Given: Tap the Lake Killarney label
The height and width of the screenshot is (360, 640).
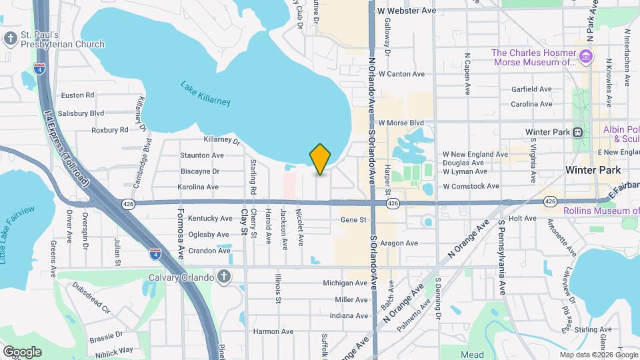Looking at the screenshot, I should point(205,93).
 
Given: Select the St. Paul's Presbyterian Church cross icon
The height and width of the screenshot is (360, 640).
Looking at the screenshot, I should point(10,39).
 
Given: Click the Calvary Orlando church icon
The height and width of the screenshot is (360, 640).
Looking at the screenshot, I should point(225,277).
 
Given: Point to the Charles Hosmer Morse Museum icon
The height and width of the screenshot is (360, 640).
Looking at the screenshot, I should point(586,57).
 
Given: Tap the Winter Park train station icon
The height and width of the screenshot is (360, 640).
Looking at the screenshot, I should point(577,132).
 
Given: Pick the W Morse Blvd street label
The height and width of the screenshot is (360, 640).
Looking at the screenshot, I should point(401,123).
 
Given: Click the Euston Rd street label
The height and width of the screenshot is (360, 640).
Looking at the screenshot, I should point(77,95).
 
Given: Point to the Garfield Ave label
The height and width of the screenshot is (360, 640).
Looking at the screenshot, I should point(531,89).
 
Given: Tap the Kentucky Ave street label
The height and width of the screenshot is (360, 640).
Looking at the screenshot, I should point(210,219).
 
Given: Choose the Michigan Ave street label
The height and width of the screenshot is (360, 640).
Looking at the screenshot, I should point(345,283).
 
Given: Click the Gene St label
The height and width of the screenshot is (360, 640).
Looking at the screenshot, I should point(353,219).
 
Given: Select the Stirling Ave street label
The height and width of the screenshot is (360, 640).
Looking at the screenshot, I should point(593,329).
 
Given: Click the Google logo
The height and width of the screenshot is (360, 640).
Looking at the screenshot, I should point(22,351).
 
